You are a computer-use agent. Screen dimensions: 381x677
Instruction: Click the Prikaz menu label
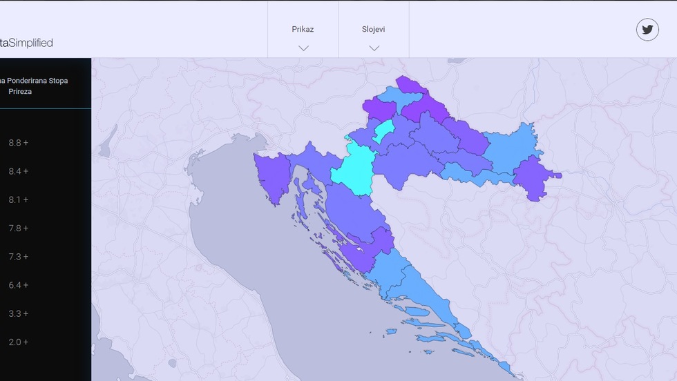tap(303, 29)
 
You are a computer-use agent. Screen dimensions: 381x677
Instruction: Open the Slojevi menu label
tap(373, 29)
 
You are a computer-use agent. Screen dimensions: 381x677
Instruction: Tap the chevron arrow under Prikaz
tap(303, 48)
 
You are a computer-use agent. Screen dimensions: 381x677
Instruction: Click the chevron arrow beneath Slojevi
tap(374, 48)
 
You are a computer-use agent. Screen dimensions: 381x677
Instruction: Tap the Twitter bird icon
tap(647, 29)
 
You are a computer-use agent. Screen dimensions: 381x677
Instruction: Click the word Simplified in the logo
tap(31, 43)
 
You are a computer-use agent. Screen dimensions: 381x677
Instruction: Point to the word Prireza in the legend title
tap(20, 91)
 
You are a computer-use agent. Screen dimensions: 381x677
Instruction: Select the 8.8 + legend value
tap(19, 143)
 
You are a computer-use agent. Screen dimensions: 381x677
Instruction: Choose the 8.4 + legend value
tap(19, 171)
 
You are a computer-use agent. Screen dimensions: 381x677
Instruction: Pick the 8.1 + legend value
tap(19, 199)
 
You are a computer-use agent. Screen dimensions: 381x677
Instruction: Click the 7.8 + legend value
tap(19, 228)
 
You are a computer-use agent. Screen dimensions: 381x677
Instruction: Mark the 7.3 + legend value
tap(19, 257)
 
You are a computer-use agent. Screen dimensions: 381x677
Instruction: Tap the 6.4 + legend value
tap(19, 285)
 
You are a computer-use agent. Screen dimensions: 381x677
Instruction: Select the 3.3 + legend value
tap(19, 313)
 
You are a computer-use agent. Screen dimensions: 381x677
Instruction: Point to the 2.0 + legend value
tap(19, 342)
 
